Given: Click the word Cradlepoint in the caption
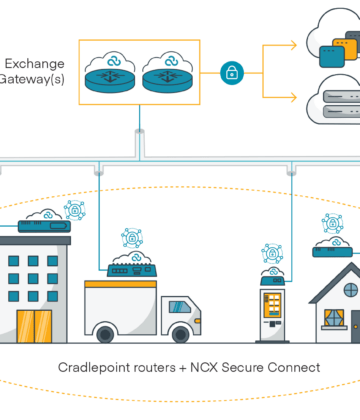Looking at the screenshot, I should [99, 367].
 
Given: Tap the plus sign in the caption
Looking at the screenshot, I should [180, 367].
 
